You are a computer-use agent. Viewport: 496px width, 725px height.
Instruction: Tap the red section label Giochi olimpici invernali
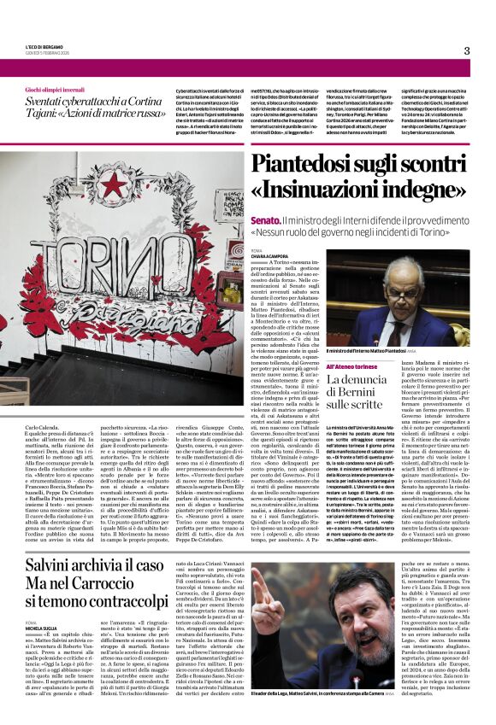pos(53,89)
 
